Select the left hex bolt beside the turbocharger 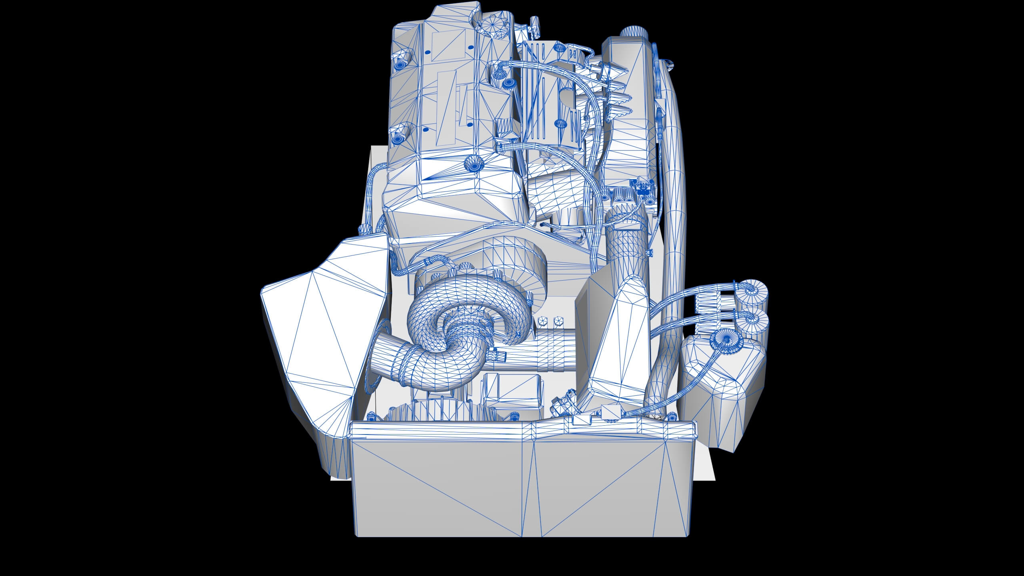click(x=543, y=321)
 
